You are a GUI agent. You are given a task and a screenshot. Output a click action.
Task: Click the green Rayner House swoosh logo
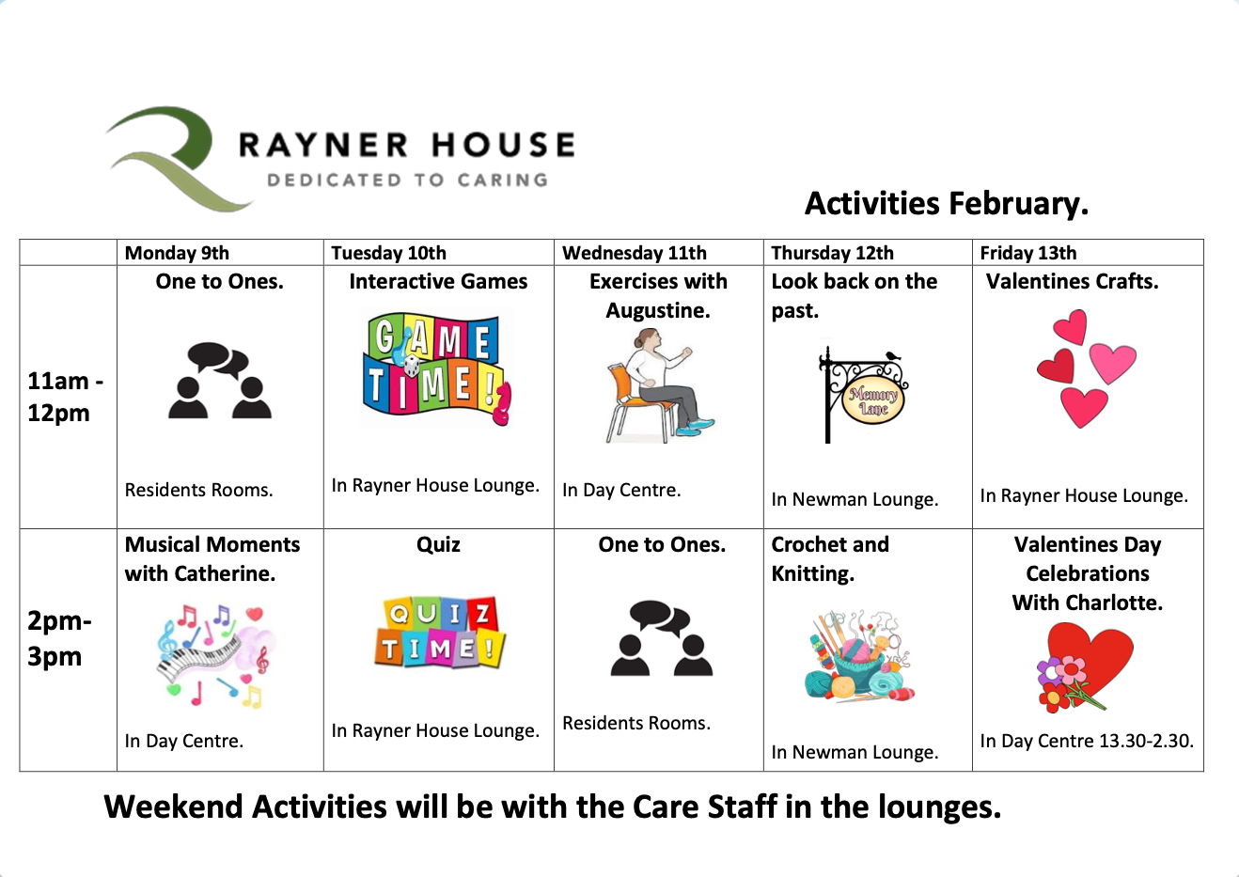tap(166, 158)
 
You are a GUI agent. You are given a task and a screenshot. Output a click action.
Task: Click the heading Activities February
tap(947, 203)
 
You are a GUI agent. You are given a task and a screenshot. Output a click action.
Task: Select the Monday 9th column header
tap(177, 253)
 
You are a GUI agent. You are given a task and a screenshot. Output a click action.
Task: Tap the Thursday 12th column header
tap(832, 253)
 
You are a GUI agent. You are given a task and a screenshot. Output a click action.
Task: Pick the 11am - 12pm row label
tap(65, 397)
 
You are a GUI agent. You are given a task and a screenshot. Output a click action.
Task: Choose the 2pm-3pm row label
tap(59, 638)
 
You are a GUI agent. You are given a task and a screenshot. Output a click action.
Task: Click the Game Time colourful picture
tap(437, 368)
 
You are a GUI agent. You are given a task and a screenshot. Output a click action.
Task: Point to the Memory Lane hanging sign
tap(863, 395)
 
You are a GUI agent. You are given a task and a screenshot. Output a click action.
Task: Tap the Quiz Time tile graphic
tap(440, 632)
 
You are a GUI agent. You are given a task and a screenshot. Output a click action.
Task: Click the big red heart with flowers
tap(1084, 667)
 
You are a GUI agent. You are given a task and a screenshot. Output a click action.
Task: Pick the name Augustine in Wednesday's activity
tap(658, 310)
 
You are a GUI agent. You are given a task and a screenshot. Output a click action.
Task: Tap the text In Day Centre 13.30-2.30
tap(1087, 741)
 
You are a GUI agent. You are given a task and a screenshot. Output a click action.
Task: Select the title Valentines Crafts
tap(1072, 281)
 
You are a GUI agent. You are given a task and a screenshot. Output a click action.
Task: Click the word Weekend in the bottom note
tap(173, 807)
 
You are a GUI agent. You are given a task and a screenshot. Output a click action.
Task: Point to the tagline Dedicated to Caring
tap(408, 180)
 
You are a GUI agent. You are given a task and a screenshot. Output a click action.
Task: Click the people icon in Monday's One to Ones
tap(220, 381)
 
